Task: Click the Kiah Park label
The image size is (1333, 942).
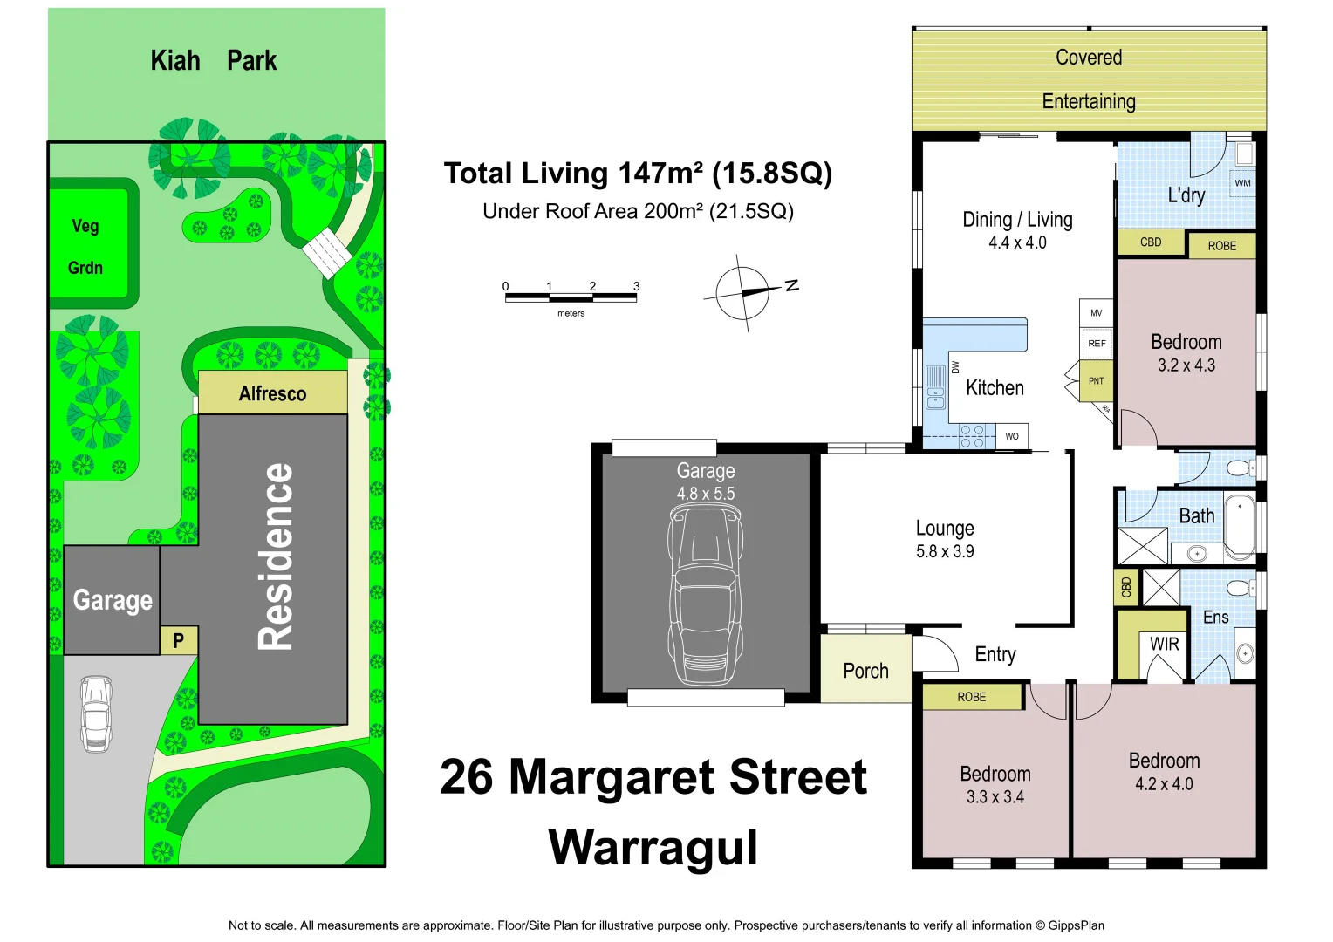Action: [x=213, y=61]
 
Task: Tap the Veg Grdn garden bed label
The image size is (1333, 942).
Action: [x=85, y=247]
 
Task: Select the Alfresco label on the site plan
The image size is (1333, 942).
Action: [x=272, y=394]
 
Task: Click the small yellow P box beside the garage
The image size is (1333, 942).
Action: [x=179, y=641]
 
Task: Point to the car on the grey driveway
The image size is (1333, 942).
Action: [x=96, y=713]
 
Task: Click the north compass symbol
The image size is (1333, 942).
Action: [x=744, y=292]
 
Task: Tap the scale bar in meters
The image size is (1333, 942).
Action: [x=571, y=297]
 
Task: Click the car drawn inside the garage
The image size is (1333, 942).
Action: [x=706, y=597]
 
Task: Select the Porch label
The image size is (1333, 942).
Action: [x=865, y=671]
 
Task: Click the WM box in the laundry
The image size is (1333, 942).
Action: [x=1242, y=183]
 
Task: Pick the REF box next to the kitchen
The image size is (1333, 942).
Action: [x=1097, y=344]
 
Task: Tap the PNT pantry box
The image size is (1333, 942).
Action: [x=1097, y=381]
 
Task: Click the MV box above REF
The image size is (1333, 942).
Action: [x=1097, y=313]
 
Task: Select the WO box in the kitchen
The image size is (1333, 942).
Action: [x=1012, y=436]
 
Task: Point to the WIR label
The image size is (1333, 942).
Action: [x=1164, y=645]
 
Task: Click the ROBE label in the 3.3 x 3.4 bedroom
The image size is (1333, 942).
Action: [x=971, y=697]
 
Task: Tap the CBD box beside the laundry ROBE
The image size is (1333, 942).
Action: [x=1151, y=242]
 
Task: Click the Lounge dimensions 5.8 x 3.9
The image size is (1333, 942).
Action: [x=945, y=551]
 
